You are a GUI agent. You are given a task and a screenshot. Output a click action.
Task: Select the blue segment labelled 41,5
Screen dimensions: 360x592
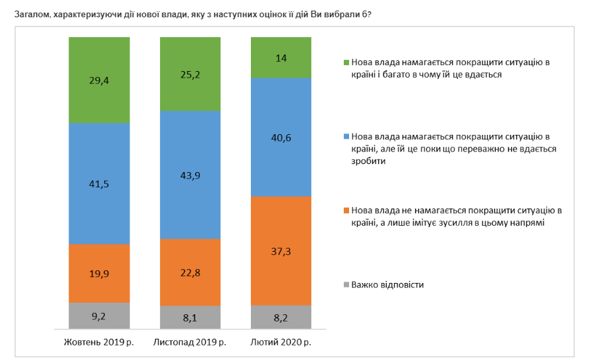pyautogui.click(x=99, y=184)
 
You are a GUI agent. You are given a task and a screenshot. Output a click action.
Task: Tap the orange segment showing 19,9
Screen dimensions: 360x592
pyautogui.click(x=99, y=273)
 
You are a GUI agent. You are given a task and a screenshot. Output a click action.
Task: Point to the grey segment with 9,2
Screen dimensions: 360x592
pyautogui.click(x=99, y=317)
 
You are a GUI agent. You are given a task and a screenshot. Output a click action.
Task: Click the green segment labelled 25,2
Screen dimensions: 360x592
pyautogui.click(x=190, y=75)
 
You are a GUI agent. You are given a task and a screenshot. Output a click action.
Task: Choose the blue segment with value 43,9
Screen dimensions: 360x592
pyautogui.click(x=190, y=175)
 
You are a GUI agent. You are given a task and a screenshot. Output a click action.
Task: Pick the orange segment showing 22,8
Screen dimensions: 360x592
pyautogui.click(x=190, y=272)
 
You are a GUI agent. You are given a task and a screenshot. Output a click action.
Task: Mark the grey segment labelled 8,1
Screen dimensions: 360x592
pyautogui.click(x=190, y=318)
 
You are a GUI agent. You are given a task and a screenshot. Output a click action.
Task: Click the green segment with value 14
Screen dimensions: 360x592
pyautogui.click(x=281, y=58)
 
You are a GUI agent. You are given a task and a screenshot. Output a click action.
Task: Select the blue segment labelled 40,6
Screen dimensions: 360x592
pyautogui.click(x=281, y=137)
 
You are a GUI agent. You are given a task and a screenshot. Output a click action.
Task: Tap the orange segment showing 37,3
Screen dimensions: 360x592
pyautogui.click(x=281, y=251)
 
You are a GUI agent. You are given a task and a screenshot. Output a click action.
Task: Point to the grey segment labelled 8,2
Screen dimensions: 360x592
pyautogui.click(x=281, y=317)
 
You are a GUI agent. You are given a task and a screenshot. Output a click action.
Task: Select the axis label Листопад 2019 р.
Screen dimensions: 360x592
pyautogui.click(x=190, y=343)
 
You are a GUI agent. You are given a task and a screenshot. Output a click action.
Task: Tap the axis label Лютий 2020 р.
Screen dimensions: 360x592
pyautogui.click(x=281, y=343)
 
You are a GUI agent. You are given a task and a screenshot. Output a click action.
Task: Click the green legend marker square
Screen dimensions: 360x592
pyautogui.click(x=346, y=62)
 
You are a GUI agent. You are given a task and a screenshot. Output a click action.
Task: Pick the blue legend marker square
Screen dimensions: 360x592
pyautogui.click(x=346, y=135)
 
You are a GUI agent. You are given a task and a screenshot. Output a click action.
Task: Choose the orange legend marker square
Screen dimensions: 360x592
pyautogui.click(x=346, y=211)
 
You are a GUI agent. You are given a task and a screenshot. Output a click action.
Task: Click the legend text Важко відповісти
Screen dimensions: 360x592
pyautogui.click(x=388, y=285)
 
